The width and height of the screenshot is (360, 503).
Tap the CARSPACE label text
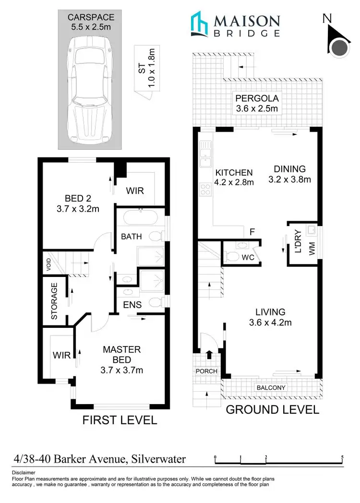pyautogui.click(x=89, y=18)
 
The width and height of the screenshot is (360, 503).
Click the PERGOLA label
pyautogui.click(x=257, y=99)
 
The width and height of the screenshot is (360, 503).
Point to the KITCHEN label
pyautogui.click(x=233, y=173)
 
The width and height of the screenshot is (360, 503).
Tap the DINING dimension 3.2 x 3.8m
pyautogui.click(x=289, y=180)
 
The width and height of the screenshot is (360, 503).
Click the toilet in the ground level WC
pyautogui.click(x=233, y=257)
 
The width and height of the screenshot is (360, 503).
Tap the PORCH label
pyautogui.click(x=206, y=371)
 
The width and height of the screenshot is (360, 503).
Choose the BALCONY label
pyautogui.click(x=271, y=388)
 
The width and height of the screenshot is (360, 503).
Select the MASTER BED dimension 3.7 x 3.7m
pyautogui.click(x=121, y=370)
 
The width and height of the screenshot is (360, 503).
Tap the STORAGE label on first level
pyautogui.click(x=54, y=301)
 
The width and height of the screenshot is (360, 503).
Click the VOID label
pyautogui.click(x=48, y=265)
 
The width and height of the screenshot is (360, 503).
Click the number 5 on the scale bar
pyautogui.click(x=342, y=456)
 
